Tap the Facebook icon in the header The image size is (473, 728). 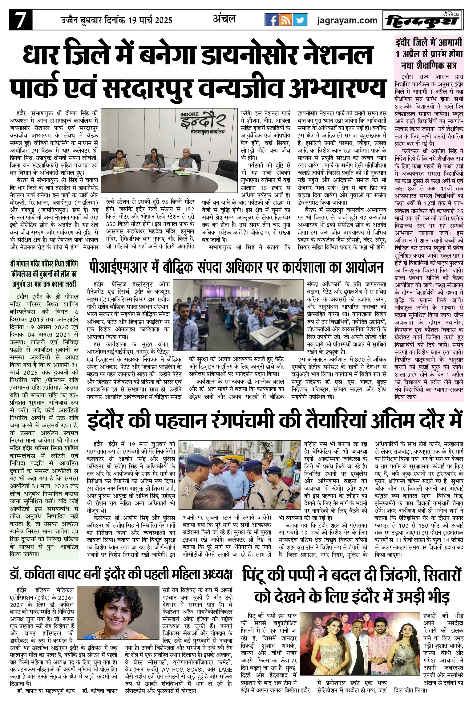click(272, 21)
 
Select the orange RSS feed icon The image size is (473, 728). click(285, 21)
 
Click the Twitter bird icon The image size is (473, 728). click(300, 21)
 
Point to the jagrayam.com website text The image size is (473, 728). click(347, 21)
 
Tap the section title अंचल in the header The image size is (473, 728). click(224, 19)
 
